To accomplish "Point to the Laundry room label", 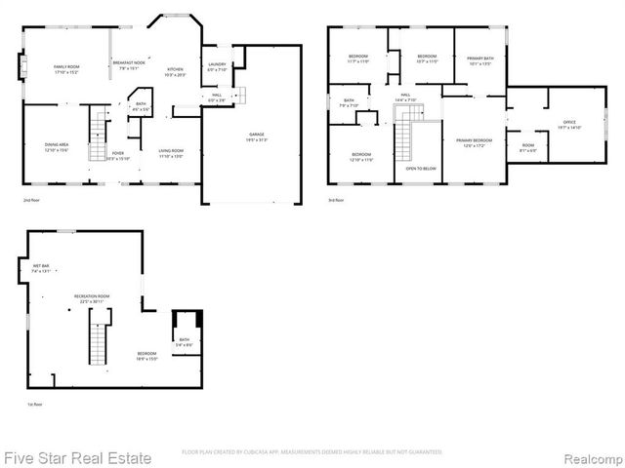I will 217,66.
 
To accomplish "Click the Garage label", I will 256,136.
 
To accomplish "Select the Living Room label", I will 172,152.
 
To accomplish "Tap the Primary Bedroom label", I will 475,142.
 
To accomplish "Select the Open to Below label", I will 420,168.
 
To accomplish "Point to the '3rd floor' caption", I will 337,200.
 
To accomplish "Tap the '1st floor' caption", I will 33,404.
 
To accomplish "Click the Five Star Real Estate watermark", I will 78,456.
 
